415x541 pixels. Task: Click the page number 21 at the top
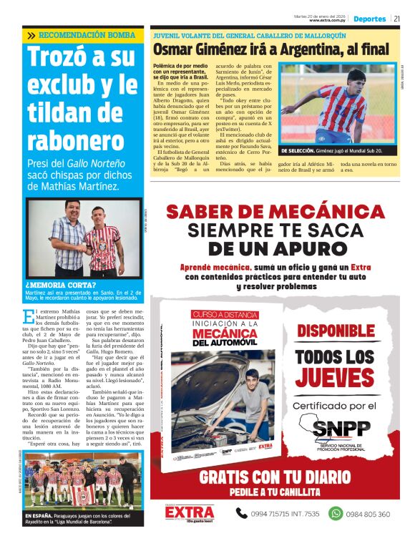click(396, 19)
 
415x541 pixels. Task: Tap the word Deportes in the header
click(369, 19)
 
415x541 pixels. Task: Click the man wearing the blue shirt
click(67, 239)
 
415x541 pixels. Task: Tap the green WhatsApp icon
click(336, 513)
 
